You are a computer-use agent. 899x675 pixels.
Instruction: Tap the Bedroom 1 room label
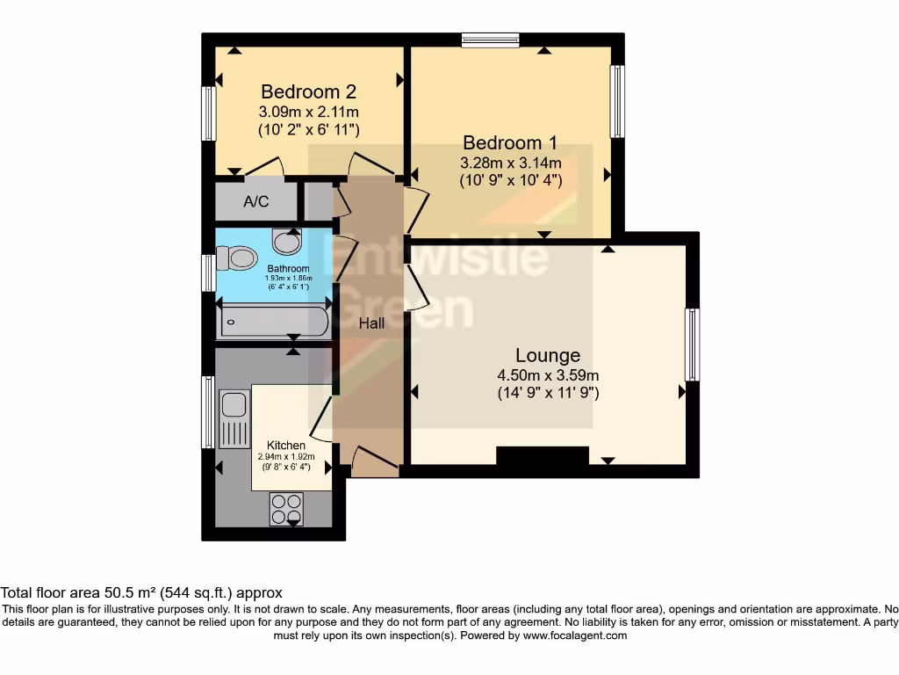(x=510, y=142)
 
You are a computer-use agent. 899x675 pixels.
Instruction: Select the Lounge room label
(x=548, y=355)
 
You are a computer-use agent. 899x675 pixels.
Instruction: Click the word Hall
(x=371, y=323)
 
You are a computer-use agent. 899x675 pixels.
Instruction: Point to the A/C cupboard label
(x=256, y=202)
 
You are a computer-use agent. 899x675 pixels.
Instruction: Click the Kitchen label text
(x=286, y=445)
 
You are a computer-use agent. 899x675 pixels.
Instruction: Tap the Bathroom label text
(x=289, y=268)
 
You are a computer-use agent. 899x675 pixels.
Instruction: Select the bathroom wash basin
(x=286, y=240)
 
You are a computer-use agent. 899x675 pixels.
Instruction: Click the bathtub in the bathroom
(x=274, y=322)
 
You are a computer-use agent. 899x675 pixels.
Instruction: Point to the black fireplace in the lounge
(x=542, y=456)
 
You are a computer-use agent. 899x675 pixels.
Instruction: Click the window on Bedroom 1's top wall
(x=490, y=40)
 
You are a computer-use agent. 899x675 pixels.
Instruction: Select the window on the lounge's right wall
(x=693, y=344)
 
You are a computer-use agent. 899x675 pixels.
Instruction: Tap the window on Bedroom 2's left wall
(x=209, y=112)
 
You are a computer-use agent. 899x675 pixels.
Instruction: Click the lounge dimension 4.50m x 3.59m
(x=548, y=375)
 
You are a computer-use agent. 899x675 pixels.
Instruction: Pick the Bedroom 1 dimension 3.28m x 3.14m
(x=510, y=163)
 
